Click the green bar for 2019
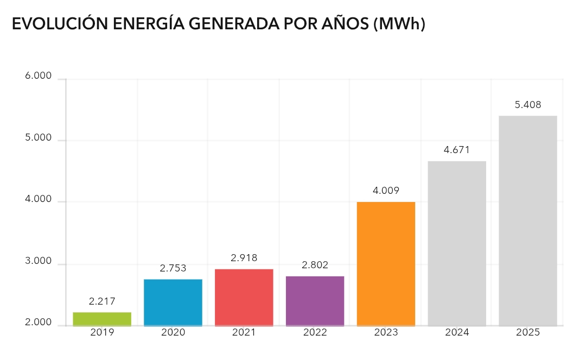pyautogui.click(x=102, y=319)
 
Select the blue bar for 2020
pyautogui.click(x=173, y=302)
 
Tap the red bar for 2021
pyautogui.click(x=244, y=298)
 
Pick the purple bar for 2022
pyautogui.click(x=315, y=301)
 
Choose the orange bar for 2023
pyautogui.click(x=386, y=264)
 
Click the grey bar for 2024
pyautogui.click(x=457, y=243)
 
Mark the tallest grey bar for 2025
pyautogui.click(x=527, y=220)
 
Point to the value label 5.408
pyautogui.click(x=528, y=105)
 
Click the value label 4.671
pyautogui.click(x=456, y=150)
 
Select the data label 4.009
pyautogui.click(x=386, y=191)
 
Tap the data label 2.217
pyautogui.click(x=102, y=301)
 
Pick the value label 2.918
pyautogui.click(x=244, y=257)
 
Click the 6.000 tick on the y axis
pyautogui.click(x=39, y=77)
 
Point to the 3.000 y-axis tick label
pyautogui.click(x=39, y=262)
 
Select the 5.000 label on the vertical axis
pyautogui.click(x=39, y=138)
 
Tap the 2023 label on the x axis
pyautogui.click(x=386, y=332)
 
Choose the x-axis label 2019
pyautogui.click(x=102, y=332)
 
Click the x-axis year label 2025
pyautogui.click(x=528, y=332)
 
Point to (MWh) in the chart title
pyautogui.click(x=399, y=24)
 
